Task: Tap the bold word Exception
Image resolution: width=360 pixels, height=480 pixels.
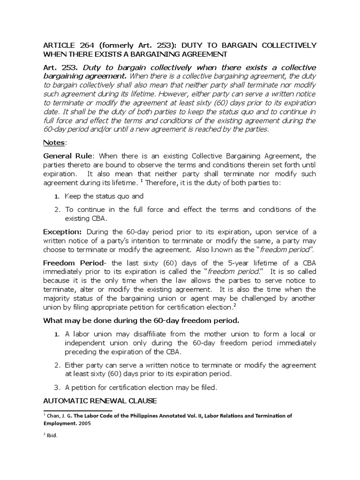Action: click(x=62, y=232)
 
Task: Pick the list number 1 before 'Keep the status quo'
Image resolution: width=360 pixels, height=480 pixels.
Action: click(x=56, y=197)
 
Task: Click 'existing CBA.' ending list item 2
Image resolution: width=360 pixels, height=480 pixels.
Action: click(x=86, y=218)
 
